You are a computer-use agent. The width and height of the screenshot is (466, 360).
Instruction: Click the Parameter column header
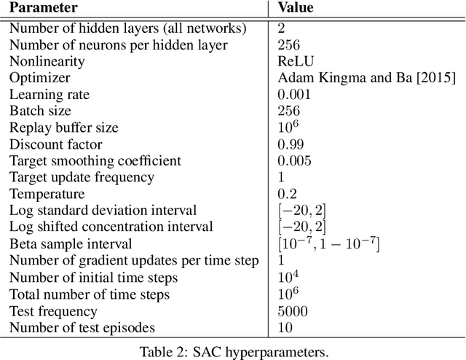[x=43, y=9]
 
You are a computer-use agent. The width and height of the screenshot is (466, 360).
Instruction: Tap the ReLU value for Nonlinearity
[x=293, y=61]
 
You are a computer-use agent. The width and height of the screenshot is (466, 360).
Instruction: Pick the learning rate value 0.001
[x=294, y=95]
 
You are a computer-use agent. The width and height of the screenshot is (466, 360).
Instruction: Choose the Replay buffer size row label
[x=63, y=128]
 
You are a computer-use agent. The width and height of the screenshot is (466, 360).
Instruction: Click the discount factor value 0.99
[x=291, y=144]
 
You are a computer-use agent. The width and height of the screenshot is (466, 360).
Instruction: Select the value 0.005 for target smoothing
[x=294, y=160]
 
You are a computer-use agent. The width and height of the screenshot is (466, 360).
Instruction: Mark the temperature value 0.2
[x=287, y=194]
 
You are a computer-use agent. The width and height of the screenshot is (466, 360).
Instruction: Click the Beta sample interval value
[x=328, y=243]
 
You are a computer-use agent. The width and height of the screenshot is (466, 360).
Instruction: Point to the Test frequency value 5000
[x=293, y=311]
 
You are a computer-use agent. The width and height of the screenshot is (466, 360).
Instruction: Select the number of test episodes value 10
[x=285, y=328]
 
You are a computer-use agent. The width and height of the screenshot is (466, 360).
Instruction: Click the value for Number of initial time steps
[x=286, y=277]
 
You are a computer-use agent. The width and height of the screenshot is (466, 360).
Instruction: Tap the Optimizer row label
[x=39, y=78]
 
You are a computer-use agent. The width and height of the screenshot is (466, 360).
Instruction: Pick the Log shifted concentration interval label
[x=111, y=227]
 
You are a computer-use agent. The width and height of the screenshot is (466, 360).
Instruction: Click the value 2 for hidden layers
[x=282, y=28]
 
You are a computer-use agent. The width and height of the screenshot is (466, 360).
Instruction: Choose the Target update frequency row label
[x=82, y=177]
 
